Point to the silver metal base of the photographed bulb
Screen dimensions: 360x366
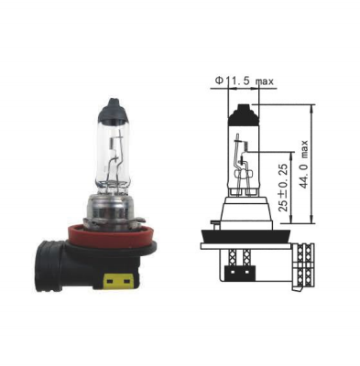[x=112, y=210]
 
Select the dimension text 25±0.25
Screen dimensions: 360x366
[x=283, y=188]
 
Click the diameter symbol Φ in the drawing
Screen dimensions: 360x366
[x=218, y=81]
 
